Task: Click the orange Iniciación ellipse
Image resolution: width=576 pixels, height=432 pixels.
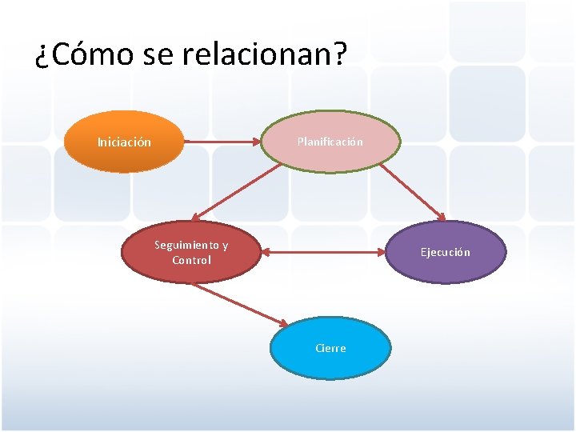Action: click(x=123, y=142)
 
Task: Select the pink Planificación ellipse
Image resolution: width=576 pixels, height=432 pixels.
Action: click(x=330, y=142)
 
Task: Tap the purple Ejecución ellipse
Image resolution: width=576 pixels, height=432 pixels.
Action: click(x=446, y=252)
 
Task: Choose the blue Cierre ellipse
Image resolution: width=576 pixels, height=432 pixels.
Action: click(x=330, y=348)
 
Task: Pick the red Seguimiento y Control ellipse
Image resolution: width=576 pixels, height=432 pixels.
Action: click(x=191, y=252)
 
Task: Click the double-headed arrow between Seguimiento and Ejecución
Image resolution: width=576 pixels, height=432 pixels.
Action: click(x=324, y=253)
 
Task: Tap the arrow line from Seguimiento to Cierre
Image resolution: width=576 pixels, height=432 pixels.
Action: click(x=238, y=304)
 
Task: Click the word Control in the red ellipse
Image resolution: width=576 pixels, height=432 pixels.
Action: click(x=191, y=260)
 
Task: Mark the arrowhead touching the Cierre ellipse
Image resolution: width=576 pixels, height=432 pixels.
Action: click(x=282, y=322)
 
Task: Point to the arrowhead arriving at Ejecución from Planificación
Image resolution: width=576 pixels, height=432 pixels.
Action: click(x=442, y=217)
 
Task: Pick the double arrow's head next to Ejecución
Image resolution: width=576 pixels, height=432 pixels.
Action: click(x=382, y=253)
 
